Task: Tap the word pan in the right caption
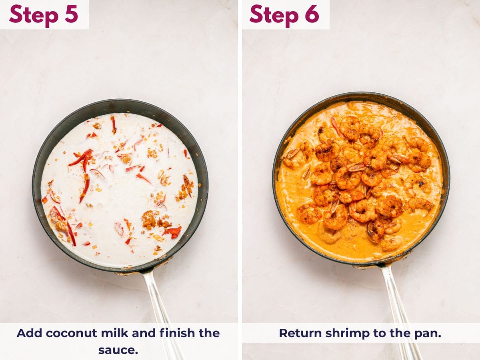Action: click(429, 333)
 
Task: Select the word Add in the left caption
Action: click(29, 333)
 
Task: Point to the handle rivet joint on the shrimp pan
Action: click(382, 264)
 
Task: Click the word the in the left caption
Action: click(209, 333)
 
